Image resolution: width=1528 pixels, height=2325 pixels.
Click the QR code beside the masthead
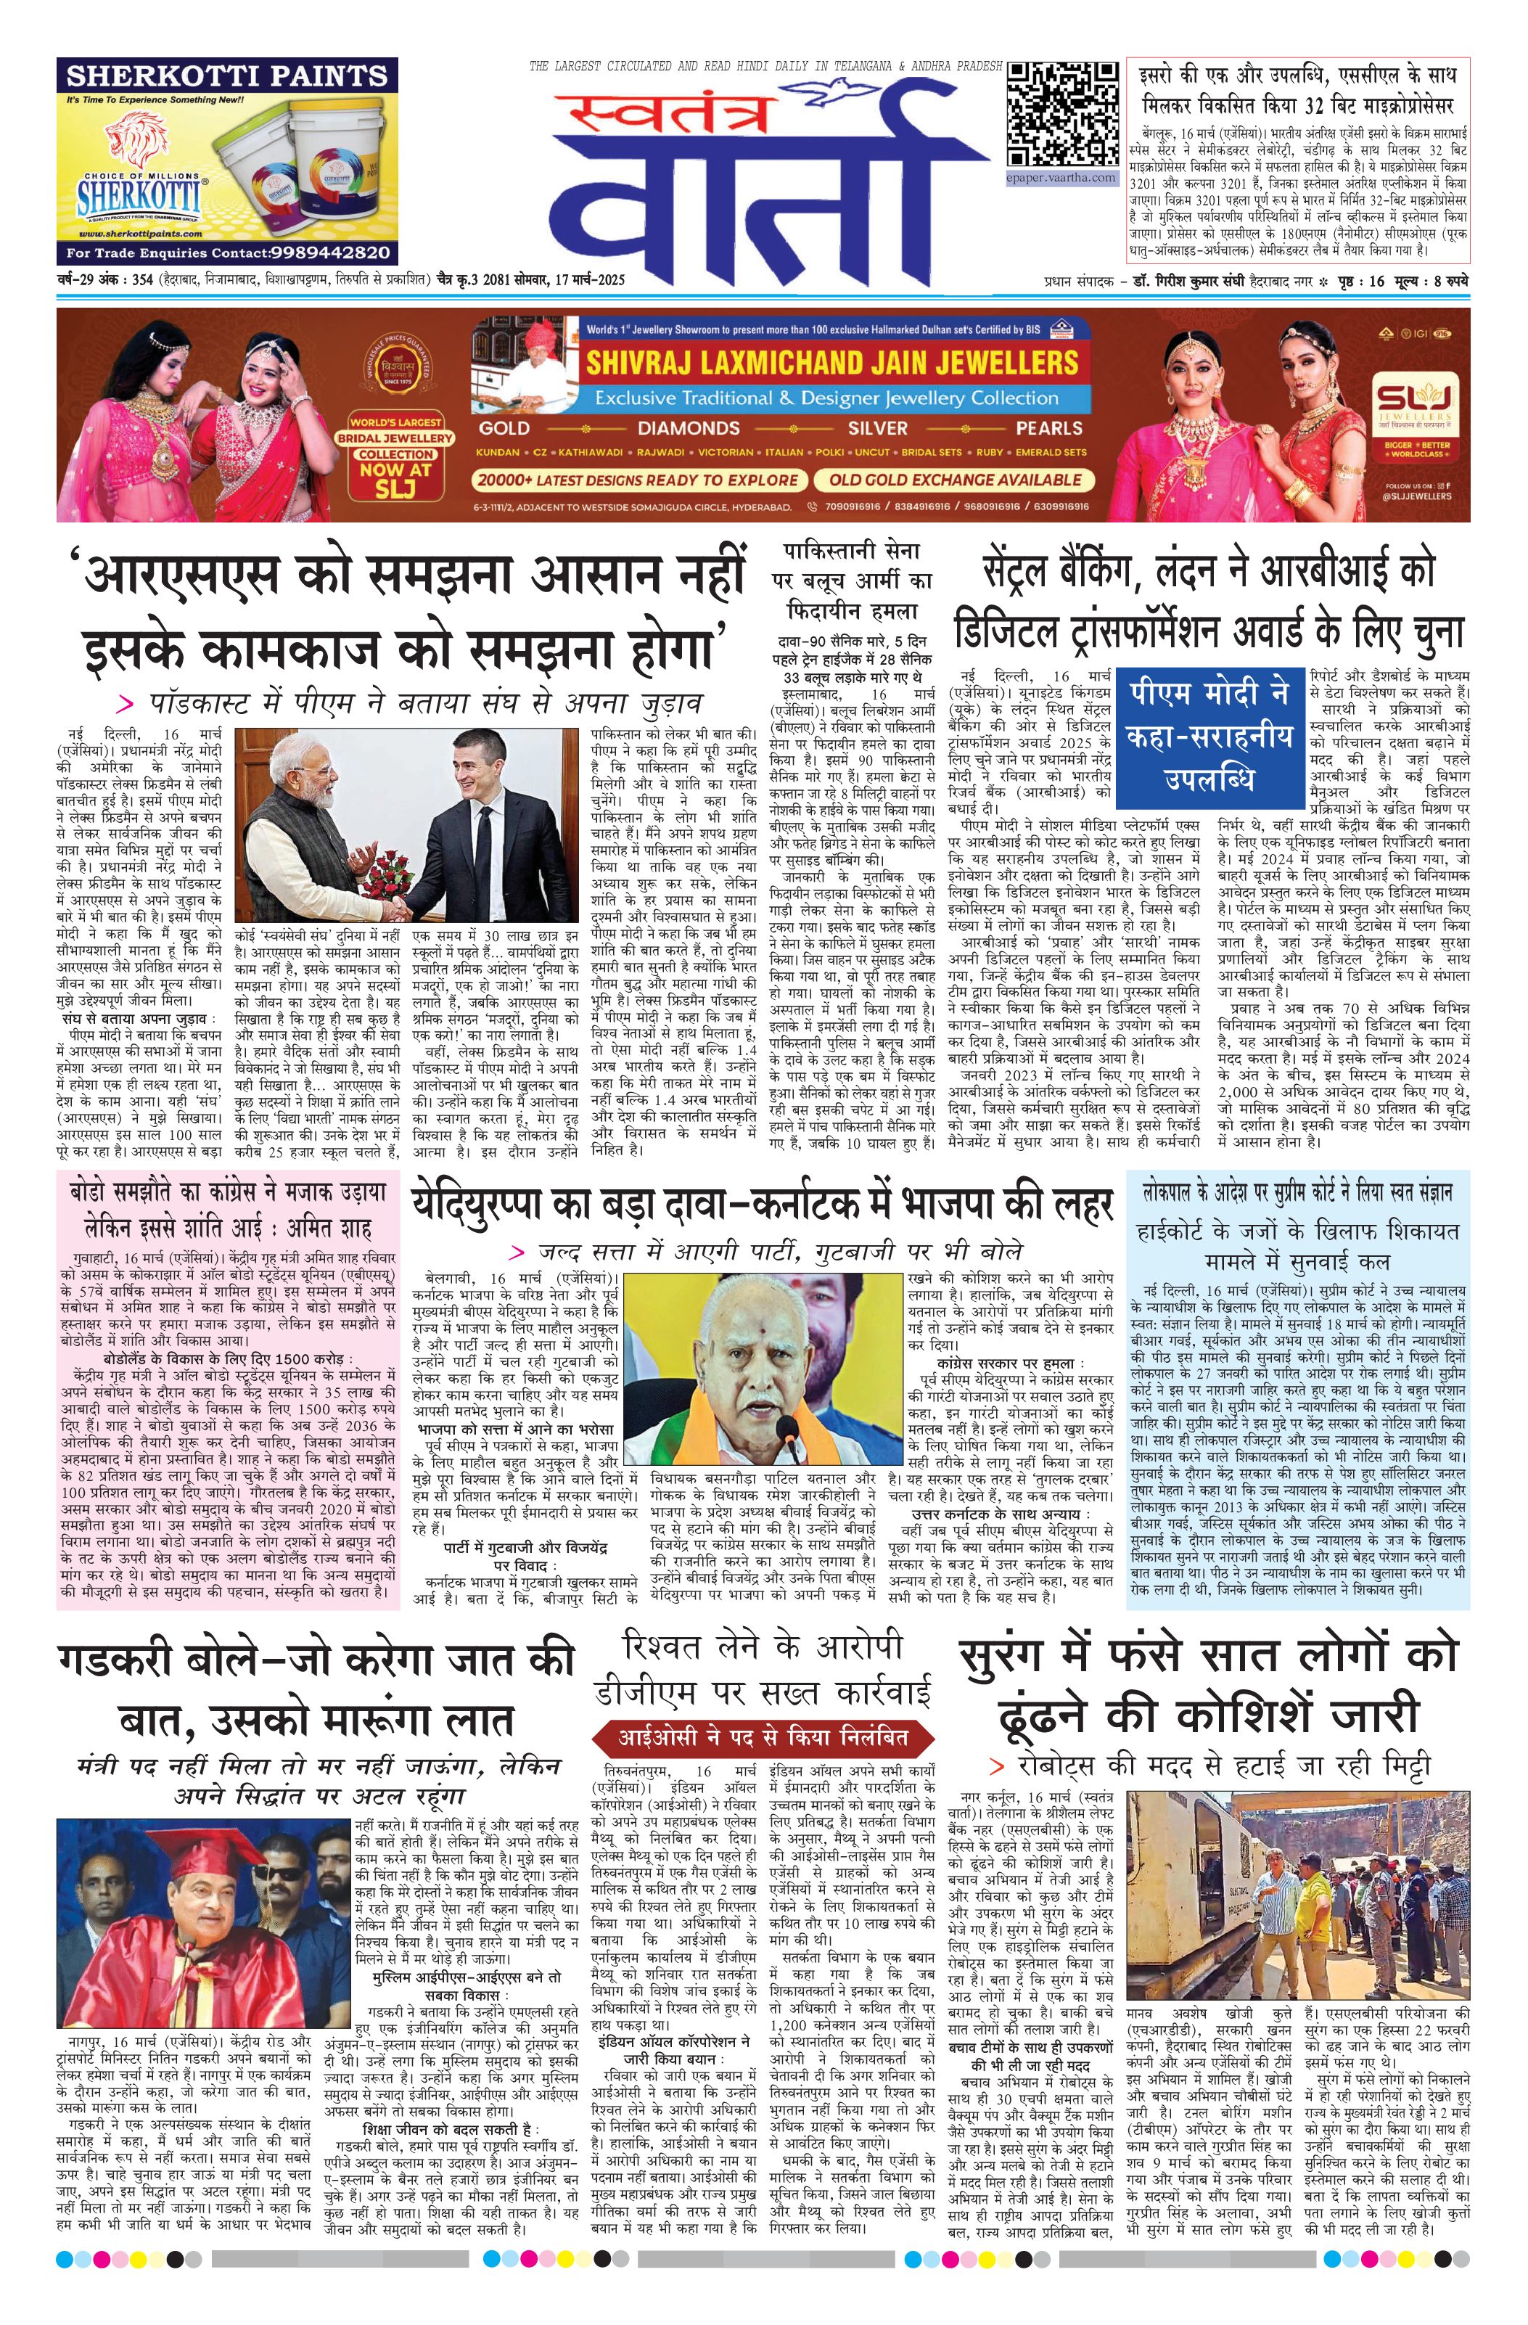[x=1062, y=115]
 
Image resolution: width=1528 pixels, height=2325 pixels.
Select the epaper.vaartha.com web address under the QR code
[x=1061, y=179]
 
